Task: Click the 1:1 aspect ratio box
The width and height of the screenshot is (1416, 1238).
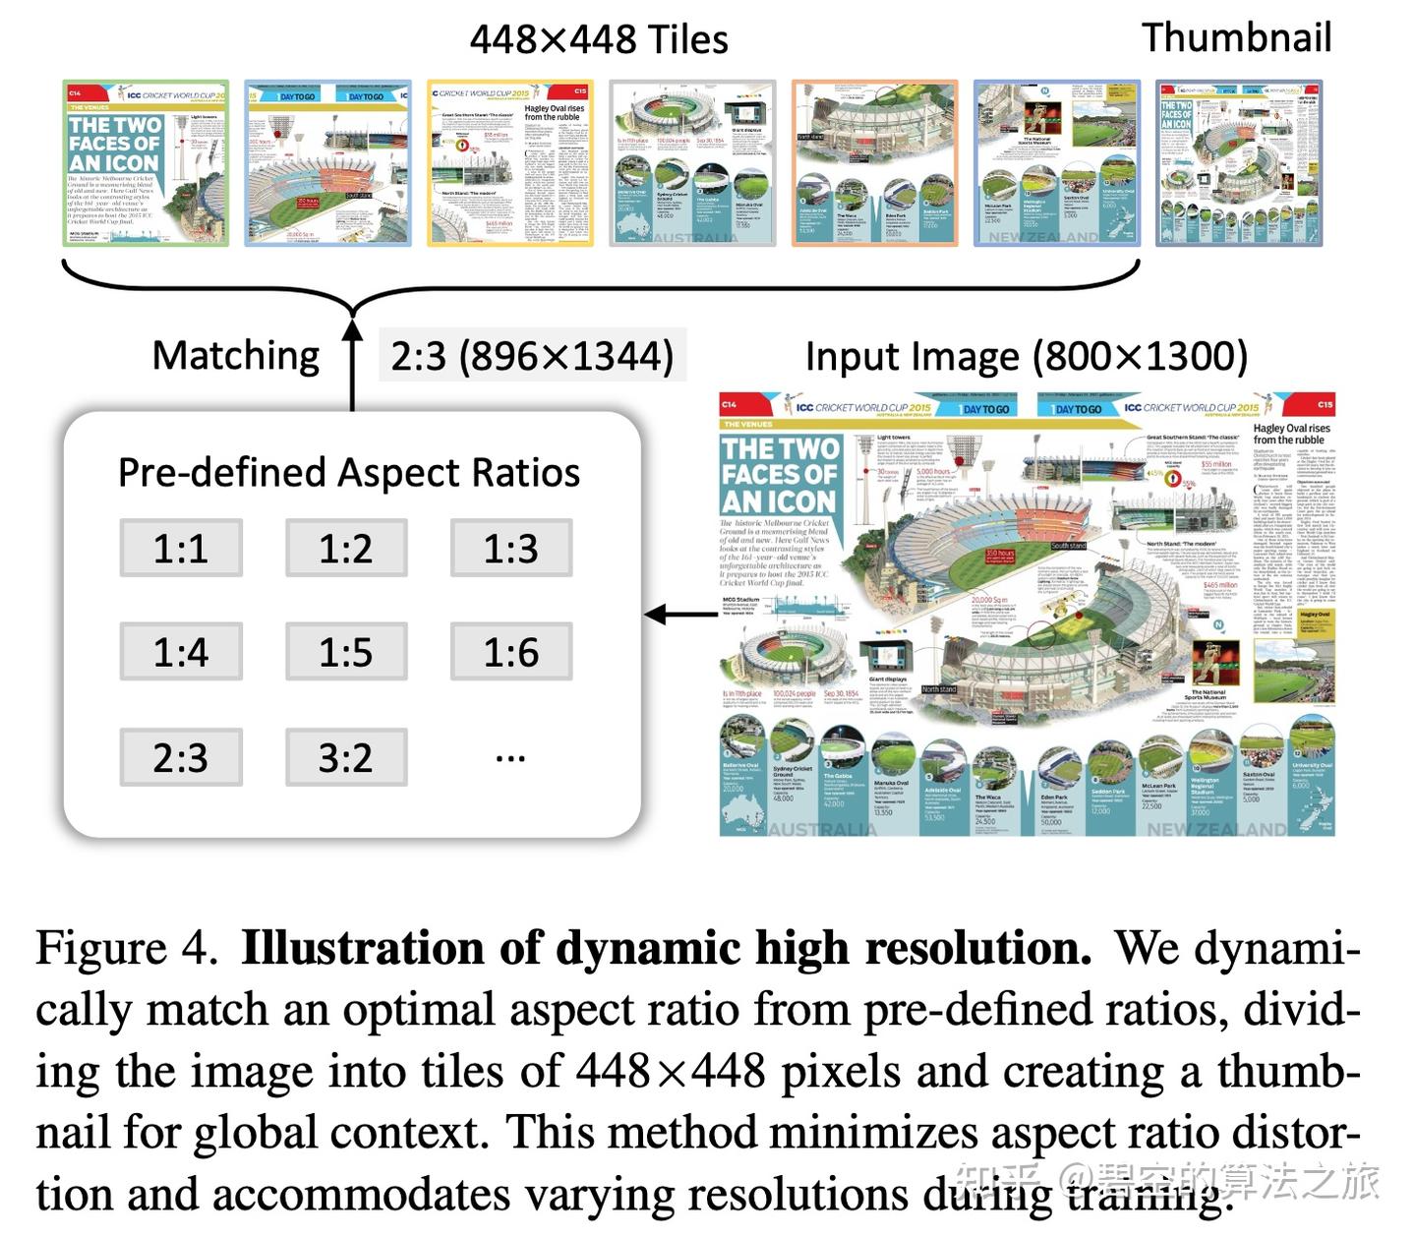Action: pos(181,548)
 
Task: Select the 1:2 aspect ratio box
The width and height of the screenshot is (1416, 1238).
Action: pos(346,548)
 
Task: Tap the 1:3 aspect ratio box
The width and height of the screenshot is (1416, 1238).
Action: pos(511,548)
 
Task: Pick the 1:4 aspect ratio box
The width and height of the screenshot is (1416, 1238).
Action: pos(181,652)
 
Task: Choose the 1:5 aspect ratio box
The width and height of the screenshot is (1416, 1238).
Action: pos(346,652)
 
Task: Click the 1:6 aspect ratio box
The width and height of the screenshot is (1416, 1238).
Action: pos(511,652)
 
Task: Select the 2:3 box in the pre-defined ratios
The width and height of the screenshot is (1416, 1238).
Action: pos(181,757)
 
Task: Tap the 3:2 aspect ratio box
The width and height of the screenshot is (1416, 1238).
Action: pos(346,757)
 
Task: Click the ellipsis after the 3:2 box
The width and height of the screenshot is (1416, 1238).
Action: pos(511,758)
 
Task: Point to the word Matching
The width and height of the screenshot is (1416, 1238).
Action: pos(236,356)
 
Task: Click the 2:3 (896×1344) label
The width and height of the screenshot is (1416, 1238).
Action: pos(532,356)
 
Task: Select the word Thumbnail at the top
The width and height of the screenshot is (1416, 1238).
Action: pos(1236,37)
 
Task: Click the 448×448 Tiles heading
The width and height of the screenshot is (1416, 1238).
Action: pos(599,39)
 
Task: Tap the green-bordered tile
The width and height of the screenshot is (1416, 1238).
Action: pos(146,163)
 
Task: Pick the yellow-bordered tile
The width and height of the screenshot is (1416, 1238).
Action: pos(511,163)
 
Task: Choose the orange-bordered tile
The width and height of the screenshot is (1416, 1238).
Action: pos(875,163)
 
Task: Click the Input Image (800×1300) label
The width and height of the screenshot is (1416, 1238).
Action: pos(1026,356)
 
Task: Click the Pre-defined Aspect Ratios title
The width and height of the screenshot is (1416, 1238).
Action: pos(349,473)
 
